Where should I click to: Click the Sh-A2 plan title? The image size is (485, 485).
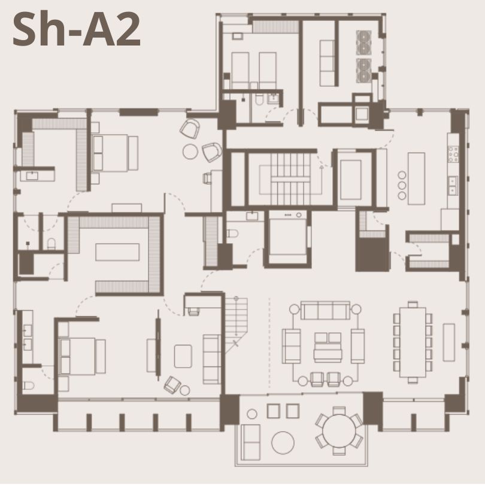click(x=77, y=29)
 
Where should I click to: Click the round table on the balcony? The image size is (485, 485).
click(x=339, y=431)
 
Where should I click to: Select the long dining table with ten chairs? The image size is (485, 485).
click(x=413, y=342)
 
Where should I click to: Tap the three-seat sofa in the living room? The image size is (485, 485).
click(x=325, y=310)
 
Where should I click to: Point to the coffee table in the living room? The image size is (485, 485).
click(x=328, y=347)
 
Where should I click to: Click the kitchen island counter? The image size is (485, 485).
click(x=416, y=178)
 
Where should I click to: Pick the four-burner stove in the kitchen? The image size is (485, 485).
click(x=453, y=154)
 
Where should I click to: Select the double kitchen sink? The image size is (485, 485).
click(x=453, y=186)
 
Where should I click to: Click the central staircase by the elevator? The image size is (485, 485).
click(x=290, y=179)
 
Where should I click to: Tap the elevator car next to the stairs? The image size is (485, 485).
click(x=351, y=180)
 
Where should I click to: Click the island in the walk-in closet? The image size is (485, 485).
click(x=117, y=252)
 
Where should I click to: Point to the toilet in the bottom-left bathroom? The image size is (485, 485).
click(x=29, y=386)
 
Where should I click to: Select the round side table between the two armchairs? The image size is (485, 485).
click(x=190, y=151)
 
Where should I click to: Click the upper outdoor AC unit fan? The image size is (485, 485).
click(x=364, y=43)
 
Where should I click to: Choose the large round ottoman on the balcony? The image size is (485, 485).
click(x=283, y=442)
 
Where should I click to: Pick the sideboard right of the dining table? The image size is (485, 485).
click(x=449, y=342)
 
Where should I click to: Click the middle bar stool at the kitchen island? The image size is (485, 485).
click(x=402, y=185)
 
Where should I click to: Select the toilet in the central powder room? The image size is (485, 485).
click(x=233, y=234)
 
